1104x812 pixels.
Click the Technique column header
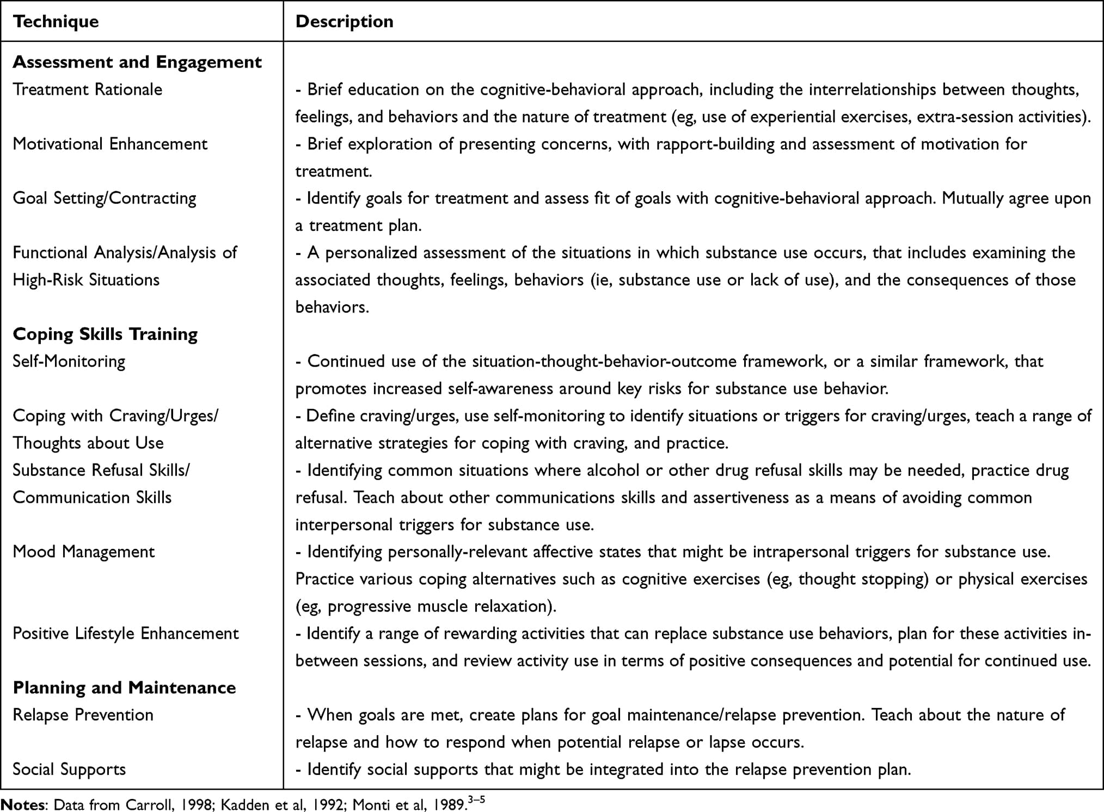pyautogui.click(x=56, y=22)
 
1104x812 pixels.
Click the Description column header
pyautogui.click(x=344, y=22)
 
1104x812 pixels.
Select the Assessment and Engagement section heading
pyautogui.click(x=137, y=62)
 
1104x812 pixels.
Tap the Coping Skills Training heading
pyautogui.click(x=105, y=334)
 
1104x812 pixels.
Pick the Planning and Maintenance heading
pyautogui.click(x=124, y=688)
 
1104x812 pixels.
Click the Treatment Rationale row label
pyautogui.click(x=87, y=89)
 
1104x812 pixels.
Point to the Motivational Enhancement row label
pyautogui.click(x=110, y=144)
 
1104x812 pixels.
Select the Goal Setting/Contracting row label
pyautogui.click(x=105, y=198)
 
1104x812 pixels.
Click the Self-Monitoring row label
pyautogui.click(x=69, y=361)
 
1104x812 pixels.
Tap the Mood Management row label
pyautogui.click(x=84, y=552)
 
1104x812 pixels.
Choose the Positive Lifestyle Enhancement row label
pyautogui.click(x=126, y=633)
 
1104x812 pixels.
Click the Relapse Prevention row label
pyautogui.click(x=83, y=715)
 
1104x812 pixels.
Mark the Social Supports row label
pyautogui.click(x=69, y=770)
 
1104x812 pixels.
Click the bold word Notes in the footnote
pyautogui.click(x=23, y=804)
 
